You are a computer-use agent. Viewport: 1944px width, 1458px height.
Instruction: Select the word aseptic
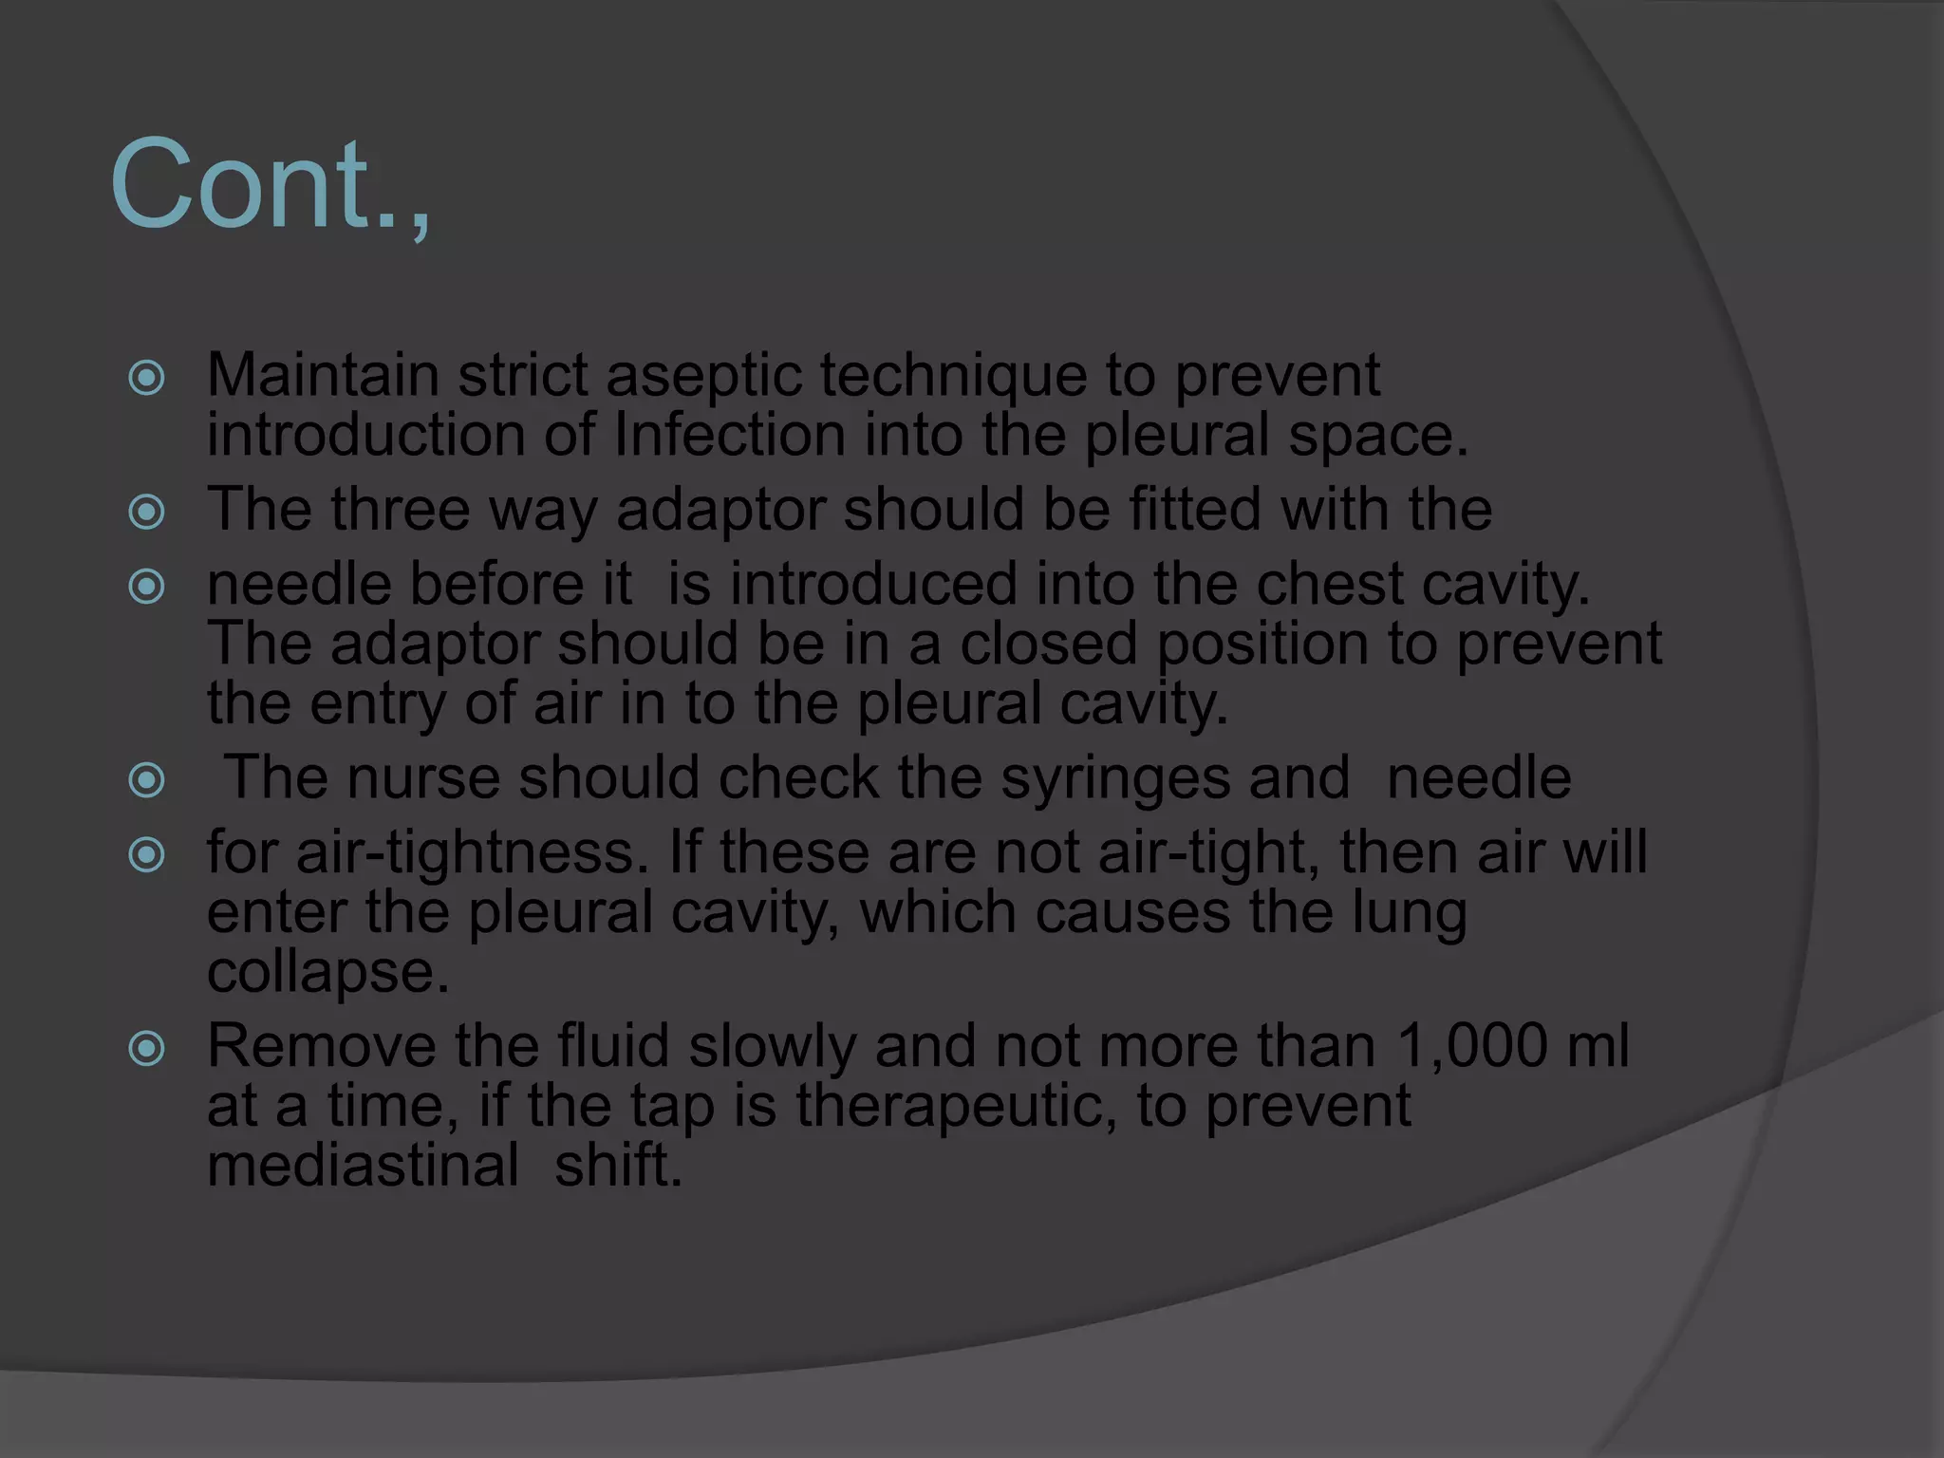[704, 377]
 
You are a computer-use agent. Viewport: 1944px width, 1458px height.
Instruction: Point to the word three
[400, 509]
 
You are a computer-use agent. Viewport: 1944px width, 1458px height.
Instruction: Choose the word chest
[1328, 584]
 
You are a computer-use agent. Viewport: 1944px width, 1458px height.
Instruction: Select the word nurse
[422, 777]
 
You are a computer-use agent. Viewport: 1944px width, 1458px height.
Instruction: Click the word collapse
[327, 973]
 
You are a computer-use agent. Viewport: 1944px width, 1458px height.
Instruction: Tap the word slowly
[772, 1047]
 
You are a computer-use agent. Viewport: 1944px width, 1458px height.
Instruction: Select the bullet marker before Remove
[147, 1050]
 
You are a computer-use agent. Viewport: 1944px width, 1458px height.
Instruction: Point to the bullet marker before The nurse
[147, 781]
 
